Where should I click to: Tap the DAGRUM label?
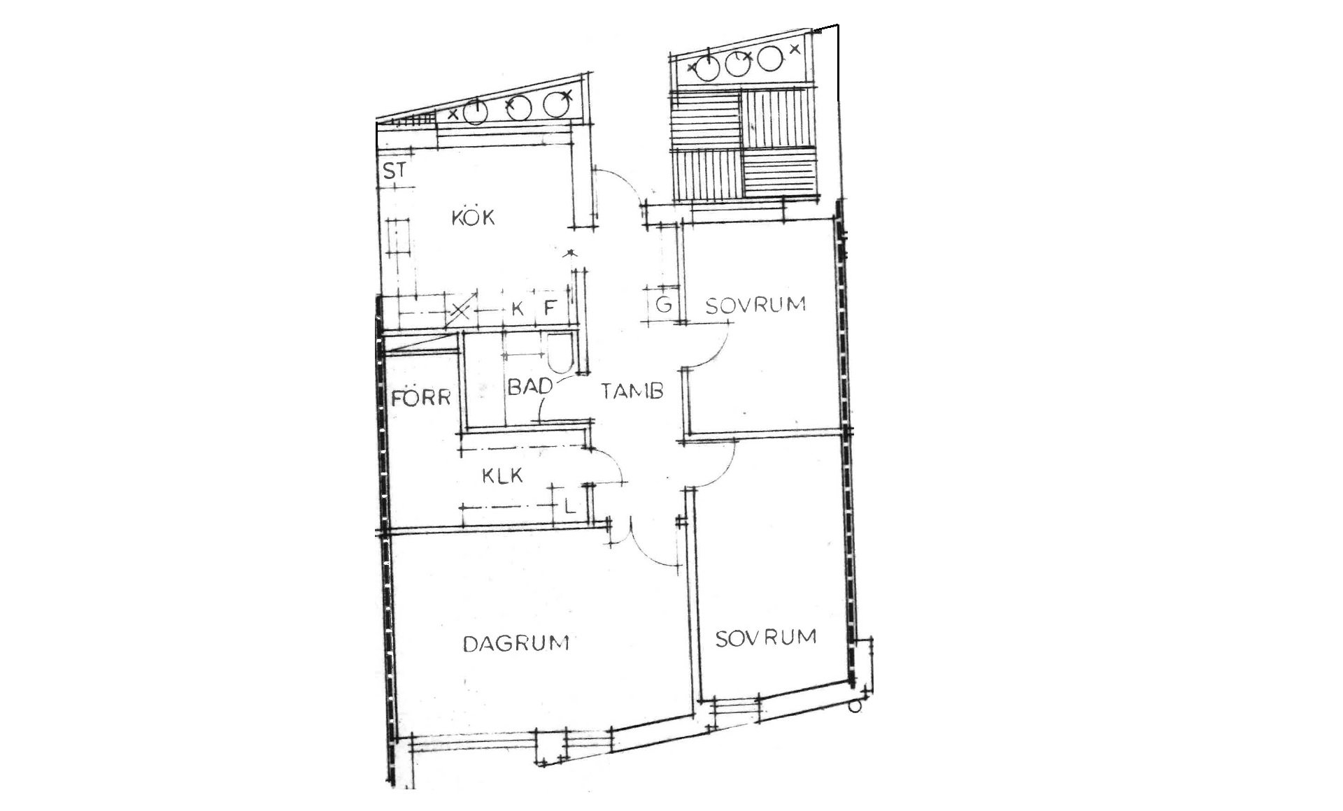[x=516, y=643]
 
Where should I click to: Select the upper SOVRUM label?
[x=755, y=305]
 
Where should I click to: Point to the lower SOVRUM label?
[x=765, y=638]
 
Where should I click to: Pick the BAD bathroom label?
[x=530, y=387]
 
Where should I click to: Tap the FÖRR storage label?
[x=421, y=399]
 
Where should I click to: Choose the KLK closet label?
[x=503, y=476]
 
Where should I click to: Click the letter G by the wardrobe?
[x=664, y=304]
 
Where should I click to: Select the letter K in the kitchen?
[x=518, y=308]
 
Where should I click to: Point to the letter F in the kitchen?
[x=550, y=308]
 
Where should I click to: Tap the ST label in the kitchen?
[x=395, y=171]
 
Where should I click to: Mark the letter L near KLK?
[x=570, y=505]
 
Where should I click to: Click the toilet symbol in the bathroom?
[x=560, y=353]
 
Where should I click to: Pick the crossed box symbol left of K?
[x=460, y=310]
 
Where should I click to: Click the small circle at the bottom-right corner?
[x=854, y=707]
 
